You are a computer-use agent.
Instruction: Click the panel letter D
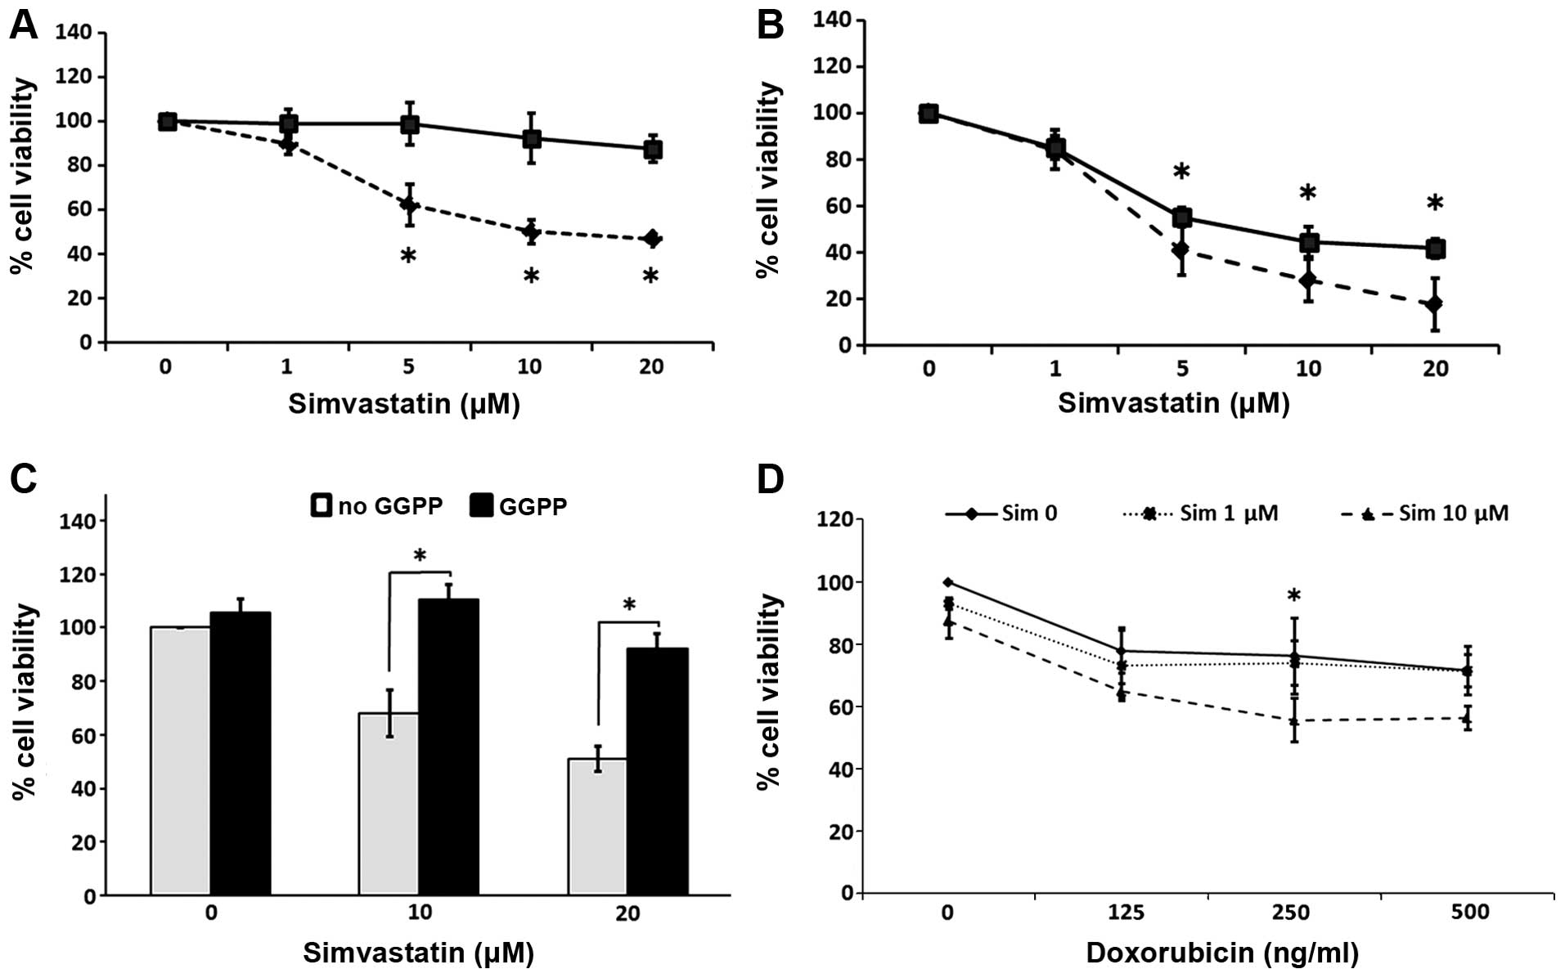[770, 479]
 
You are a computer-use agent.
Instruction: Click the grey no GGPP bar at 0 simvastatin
[181, 760]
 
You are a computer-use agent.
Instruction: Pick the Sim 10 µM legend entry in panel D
[1424, 514]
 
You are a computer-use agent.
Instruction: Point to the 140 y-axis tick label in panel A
[73, 33]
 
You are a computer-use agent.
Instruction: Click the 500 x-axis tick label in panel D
[1470, 912]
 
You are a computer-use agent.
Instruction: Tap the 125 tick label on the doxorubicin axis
[1126, 912]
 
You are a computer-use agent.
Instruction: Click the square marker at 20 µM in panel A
[652, 150]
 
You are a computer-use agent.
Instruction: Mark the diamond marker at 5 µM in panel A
[409, 204]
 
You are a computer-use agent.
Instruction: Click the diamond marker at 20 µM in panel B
[1434, 305]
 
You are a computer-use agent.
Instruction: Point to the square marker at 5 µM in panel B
[1181, 218]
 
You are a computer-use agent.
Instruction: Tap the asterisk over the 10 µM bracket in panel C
[420, 557]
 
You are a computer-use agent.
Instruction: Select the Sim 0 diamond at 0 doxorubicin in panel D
[948, 582]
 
